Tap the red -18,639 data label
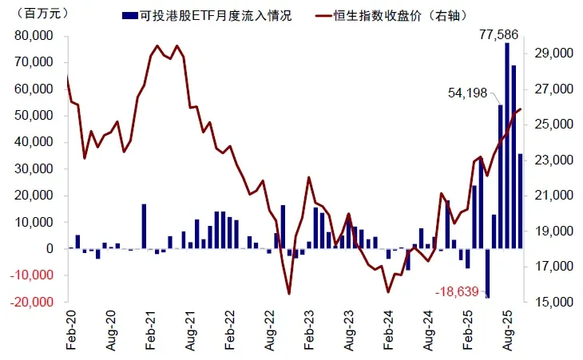457,292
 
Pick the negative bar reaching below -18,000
487,274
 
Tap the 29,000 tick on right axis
553,53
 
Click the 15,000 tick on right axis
553,303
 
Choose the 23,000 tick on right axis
553,160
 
